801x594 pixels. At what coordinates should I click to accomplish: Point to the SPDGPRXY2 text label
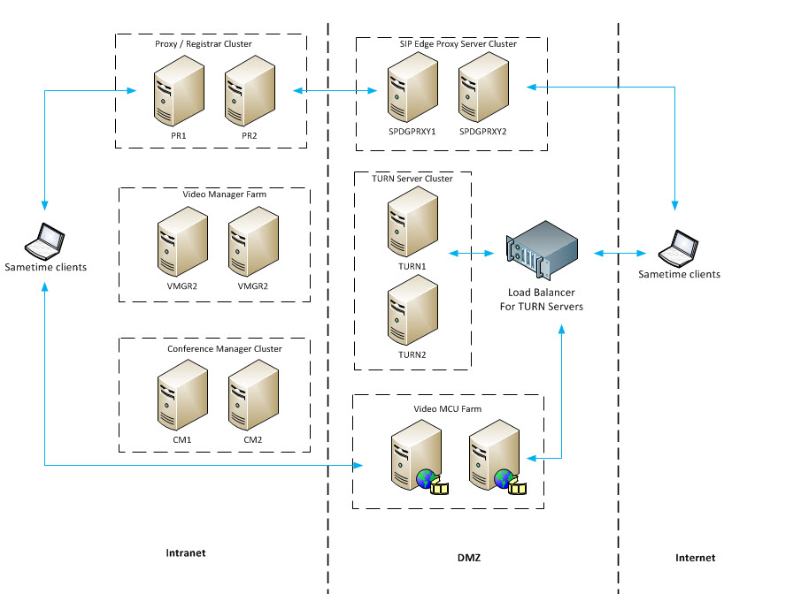(483, 132)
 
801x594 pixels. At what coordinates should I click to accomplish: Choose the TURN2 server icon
(412, 312)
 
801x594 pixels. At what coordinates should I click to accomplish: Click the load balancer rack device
(542, 253)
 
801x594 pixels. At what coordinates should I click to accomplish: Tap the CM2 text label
(253, 439)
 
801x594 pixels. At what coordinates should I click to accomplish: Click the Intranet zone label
(186, 553)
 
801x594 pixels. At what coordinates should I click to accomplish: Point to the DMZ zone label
(470, 558)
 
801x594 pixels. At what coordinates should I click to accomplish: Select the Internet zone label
(694, 558)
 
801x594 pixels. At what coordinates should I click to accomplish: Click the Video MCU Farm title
(448, 409)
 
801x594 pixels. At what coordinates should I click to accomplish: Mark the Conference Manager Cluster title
(225, 349)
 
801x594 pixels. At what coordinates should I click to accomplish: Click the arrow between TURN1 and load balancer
(472, 254)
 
